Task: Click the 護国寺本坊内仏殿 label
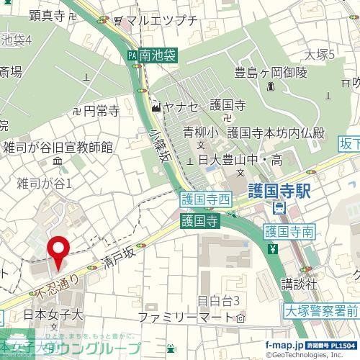click(x=275, y=132)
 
